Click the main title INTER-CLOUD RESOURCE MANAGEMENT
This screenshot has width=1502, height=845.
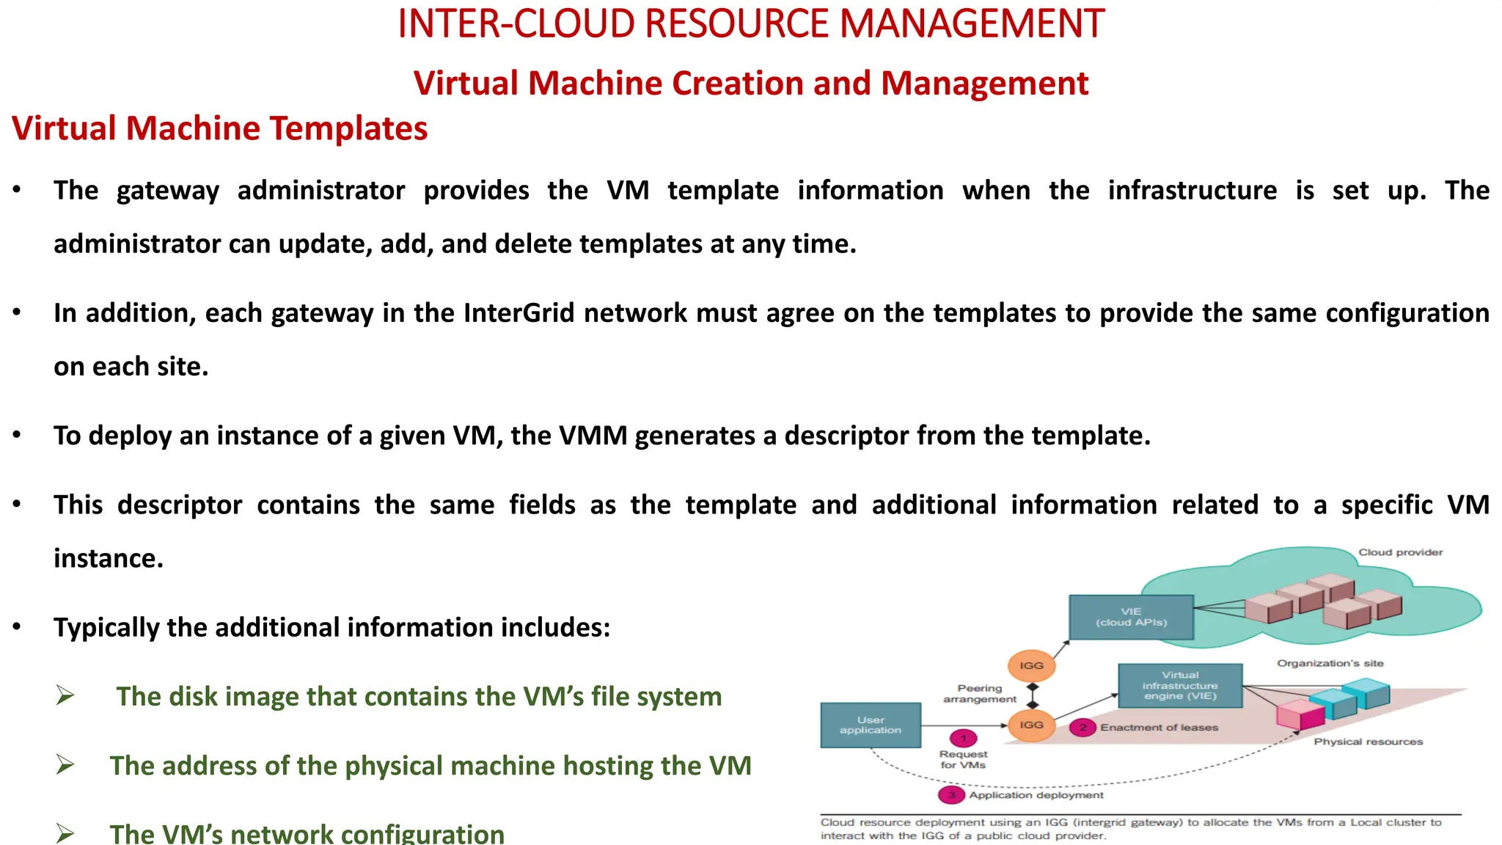(x=750, y=23)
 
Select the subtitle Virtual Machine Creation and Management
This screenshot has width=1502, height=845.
(x=750, y=83)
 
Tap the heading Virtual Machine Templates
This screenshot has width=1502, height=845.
(x=219, y=128)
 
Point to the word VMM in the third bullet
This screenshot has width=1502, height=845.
(x=593, y=436)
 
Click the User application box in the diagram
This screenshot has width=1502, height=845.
(x=871, y=725)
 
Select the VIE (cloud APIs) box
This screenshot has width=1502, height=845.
(x=1131, y=617)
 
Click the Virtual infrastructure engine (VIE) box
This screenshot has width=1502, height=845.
(x=1180, y=685)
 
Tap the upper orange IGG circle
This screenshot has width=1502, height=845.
(x=1031, y=665)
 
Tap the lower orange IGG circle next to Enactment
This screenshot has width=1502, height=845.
(x=1031, y=725)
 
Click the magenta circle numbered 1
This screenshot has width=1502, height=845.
(x=964, y=738)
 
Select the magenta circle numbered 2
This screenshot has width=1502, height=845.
(x=1082, y=728)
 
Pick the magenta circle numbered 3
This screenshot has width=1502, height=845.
(x=951, y=795)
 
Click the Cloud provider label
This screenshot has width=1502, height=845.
(x=1400, y=552)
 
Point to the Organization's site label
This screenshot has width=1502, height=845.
(x=1330, y=663)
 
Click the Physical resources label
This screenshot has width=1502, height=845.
(x=1368, y=742)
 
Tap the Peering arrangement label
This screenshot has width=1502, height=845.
(x=980, y=693)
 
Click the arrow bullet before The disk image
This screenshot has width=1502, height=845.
(x=65, y=695)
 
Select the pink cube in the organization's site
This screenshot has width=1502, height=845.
(x=1298, y=714)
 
